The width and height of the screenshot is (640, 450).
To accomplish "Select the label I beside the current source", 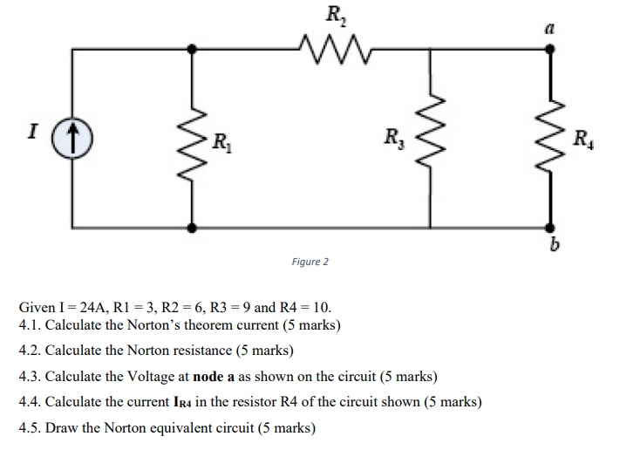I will (x=33, y=133).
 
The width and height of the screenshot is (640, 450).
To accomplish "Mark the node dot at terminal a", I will (x=548, y=50).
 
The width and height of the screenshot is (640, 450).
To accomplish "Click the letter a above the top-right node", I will (x=548, y=28).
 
